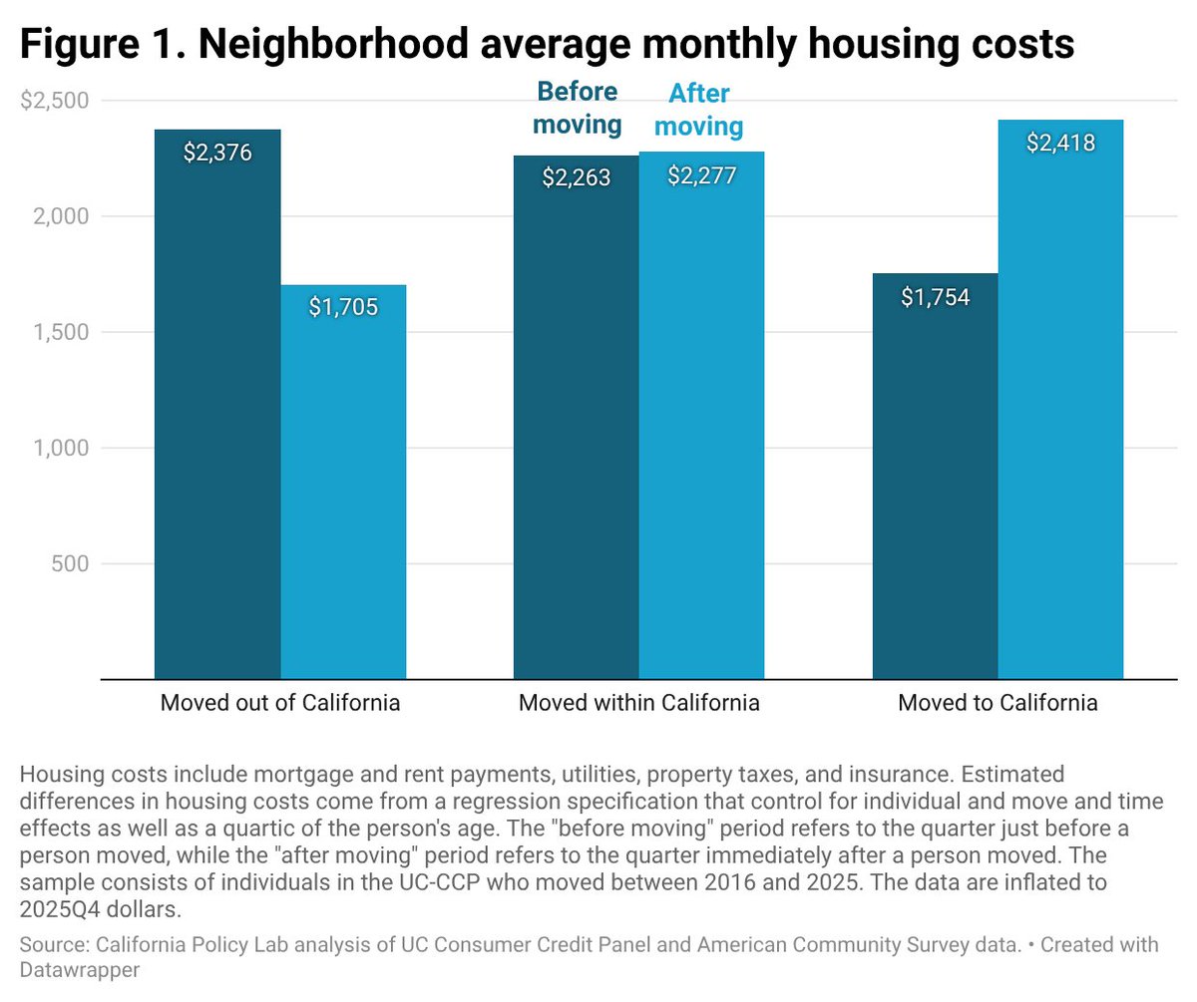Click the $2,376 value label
click(x=217, y=153)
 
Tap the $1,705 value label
click(x=343, y=307)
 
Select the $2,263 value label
click(x=577, y=177)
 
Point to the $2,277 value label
click(x=701, y=175)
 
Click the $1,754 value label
click(x=935, y=297)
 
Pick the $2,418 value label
click(x=1060, y=143)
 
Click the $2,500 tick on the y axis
click(x=55, y=101)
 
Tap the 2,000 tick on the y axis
click(x=61, y=216)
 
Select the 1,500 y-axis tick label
click(x=61, y=332)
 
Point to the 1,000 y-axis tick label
click(x=61, y=448)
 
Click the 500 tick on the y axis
click(x=70, y=563)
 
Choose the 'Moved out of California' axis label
click(x=279, y=702)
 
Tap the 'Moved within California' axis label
click(x=639, y=702)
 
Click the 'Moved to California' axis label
click(x=997, y=702)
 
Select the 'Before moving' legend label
click(x=578, y=109)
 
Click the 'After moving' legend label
click(x=699, y=110)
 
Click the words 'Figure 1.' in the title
click(x=103, y=44)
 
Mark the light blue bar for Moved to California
click(x=1060, y=400)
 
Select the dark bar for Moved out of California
click(x=217, y=405)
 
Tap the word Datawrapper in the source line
click(x=80, y=970)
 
